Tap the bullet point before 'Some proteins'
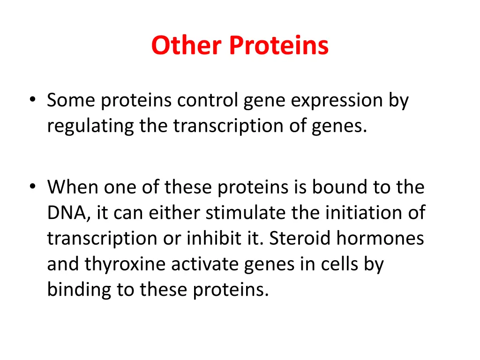[x=31, y=101]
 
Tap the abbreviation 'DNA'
[x=65, y=213]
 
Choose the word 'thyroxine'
[x=125, y=265]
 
